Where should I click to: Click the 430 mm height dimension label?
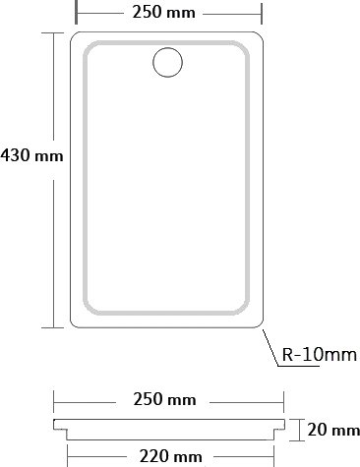click(31, 155)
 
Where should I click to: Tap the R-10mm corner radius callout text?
click(320, 354)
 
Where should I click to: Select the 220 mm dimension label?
click(170, 456)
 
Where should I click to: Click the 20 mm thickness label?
click(333, 430)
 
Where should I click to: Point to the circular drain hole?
click(167, 48)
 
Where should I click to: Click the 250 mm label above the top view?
click(163, 12)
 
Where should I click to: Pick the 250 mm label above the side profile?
click(164, 399)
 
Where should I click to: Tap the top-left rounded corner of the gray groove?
click(88, 46)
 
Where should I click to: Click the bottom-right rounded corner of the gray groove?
click(245, 311)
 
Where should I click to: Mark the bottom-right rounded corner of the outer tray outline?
click(261, 325)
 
